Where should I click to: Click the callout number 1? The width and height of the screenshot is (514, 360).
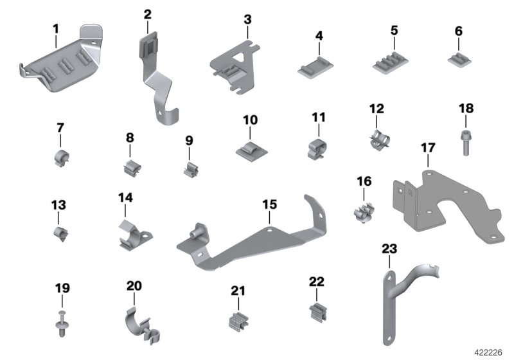(55, 28)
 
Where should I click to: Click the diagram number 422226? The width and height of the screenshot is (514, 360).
(488, 352)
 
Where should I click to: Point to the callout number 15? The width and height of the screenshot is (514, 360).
(270, 204)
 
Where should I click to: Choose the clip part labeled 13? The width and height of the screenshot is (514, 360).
(60, 233)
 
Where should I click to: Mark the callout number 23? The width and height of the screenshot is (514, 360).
(389, 248)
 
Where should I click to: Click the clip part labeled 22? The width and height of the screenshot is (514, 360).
(317, 312)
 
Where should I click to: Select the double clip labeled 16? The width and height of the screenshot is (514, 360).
(364, 210)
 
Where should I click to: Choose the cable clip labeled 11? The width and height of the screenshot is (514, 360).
(318, 147)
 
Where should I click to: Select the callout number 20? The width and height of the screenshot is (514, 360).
(134, 285)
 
